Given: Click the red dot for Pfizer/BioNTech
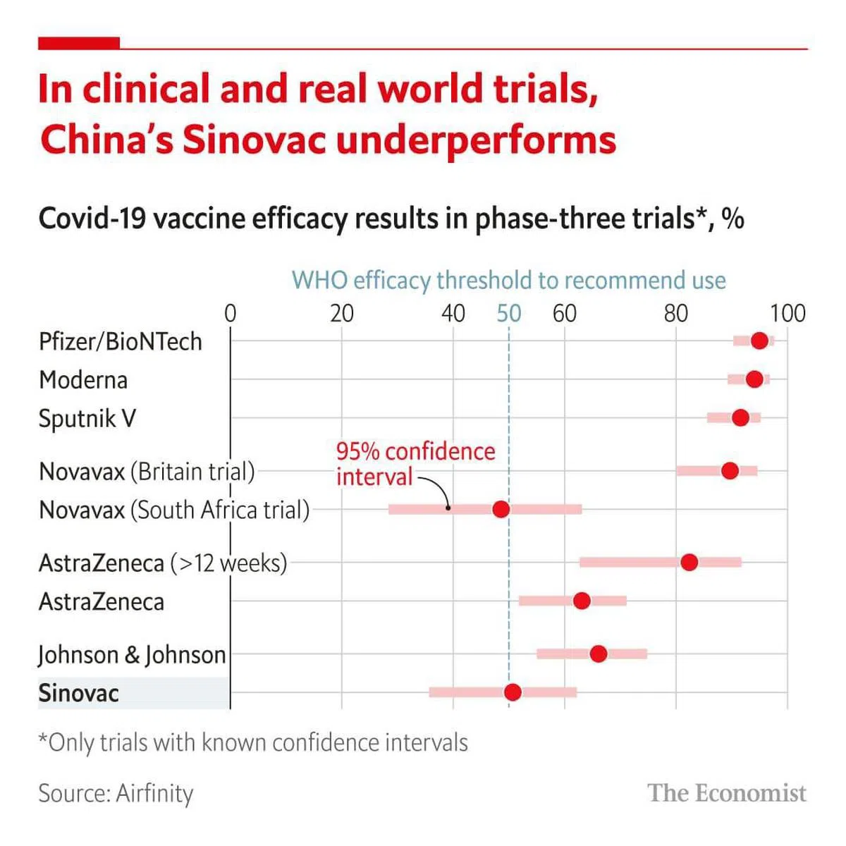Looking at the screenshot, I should point(759,341).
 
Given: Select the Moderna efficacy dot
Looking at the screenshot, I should point(754,379).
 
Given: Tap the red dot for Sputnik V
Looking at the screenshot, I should point(740,418).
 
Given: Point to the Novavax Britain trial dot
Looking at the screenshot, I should point(730,470).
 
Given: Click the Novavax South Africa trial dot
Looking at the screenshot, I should point(501,509).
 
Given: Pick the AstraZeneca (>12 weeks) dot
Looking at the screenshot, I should point(689,562).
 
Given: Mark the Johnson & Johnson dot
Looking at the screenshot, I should point(598,654).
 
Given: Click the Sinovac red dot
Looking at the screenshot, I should point(513,692).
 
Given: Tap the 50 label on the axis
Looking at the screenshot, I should point(508,313).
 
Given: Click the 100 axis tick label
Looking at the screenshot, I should point(787,313).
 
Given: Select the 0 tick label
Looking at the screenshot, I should point(230,313).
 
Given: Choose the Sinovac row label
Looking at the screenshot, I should point(78,693).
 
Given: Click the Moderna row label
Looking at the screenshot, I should point(83,380).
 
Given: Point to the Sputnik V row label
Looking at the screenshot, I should point(87,419).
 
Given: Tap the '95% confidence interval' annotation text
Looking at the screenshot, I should point(415,464).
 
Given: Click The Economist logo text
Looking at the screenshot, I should point(727,793).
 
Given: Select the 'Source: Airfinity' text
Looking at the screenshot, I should point(116,793).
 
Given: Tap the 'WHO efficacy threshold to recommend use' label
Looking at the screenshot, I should point(508,280).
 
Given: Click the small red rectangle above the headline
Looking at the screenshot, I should point(78,44).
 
